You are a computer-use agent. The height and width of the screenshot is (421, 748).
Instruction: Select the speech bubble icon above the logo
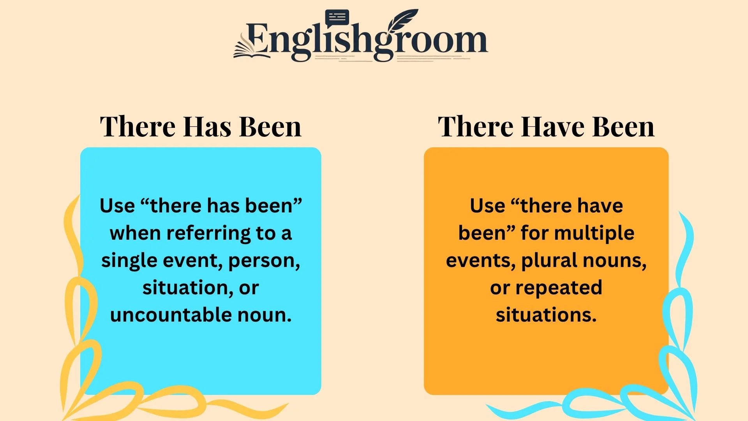pos(337,18)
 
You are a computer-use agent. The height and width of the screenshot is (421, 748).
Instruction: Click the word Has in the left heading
pos(207,127)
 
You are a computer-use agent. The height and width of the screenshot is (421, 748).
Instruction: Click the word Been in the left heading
pos(270,127)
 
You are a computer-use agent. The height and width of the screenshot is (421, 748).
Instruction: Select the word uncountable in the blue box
pos(171,315)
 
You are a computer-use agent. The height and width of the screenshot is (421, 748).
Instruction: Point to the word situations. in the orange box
pos(546,315)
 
